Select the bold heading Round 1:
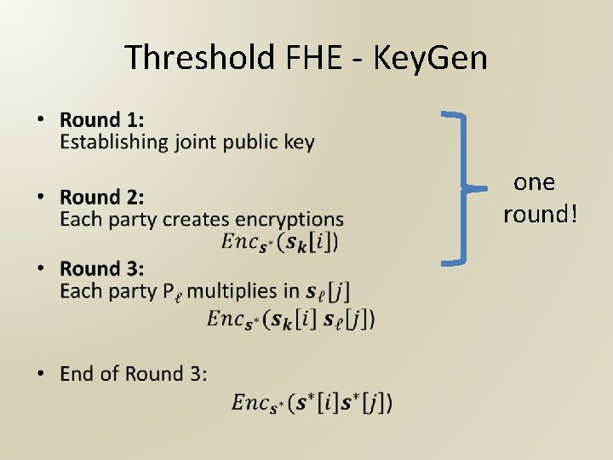102,120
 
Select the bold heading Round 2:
102,197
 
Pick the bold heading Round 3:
102,268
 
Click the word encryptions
293,220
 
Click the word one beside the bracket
535,182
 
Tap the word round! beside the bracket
540,214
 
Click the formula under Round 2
279,243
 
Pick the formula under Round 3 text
291,319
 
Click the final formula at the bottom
312,403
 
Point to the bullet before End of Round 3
43,374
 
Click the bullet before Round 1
43,120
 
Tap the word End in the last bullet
77,374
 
